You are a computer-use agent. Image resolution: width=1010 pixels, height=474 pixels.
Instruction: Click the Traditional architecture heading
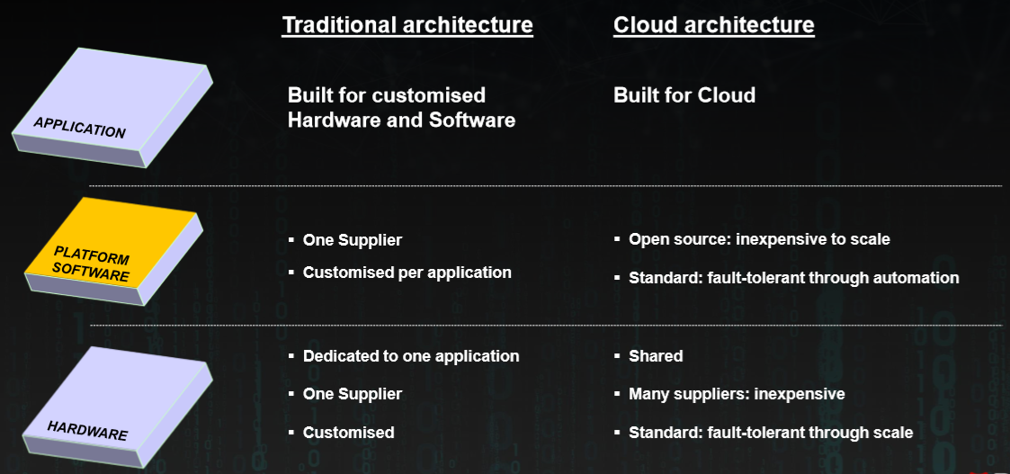[407, 25]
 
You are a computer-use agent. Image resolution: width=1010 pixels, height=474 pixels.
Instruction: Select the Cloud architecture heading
[713, 25]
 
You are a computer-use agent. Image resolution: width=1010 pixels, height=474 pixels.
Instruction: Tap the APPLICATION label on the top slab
[79, 127]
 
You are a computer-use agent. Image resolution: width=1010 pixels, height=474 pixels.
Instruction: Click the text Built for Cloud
[684, 95]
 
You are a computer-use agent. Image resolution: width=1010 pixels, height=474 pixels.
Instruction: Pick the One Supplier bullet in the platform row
[352, 240]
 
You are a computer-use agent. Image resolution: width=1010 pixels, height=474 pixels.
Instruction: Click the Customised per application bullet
[407, 273]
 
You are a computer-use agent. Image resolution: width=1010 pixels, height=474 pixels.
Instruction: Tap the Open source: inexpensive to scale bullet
[759, 239]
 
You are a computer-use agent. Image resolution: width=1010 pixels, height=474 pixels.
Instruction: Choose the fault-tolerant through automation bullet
[793, 278]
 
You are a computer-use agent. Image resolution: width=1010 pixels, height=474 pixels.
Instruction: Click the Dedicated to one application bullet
[410, 356]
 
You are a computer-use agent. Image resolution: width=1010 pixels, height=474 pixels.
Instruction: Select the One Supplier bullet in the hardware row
[352, 394]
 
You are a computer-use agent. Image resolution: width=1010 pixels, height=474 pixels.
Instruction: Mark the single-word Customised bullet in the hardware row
[348, 433]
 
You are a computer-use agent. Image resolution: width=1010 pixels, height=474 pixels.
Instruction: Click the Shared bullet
[656, 356]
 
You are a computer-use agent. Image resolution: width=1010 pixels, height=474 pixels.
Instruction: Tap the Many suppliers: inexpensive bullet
[737, 394]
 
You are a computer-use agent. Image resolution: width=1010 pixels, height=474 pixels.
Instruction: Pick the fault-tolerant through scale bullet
[771, 433]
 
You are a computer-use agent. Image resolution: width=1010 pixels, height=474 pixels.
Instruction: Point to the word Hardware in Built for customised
[330, 120]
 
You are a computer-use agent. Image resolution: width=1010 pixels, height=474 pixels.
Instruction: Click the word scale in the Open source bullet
[870, 239]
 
